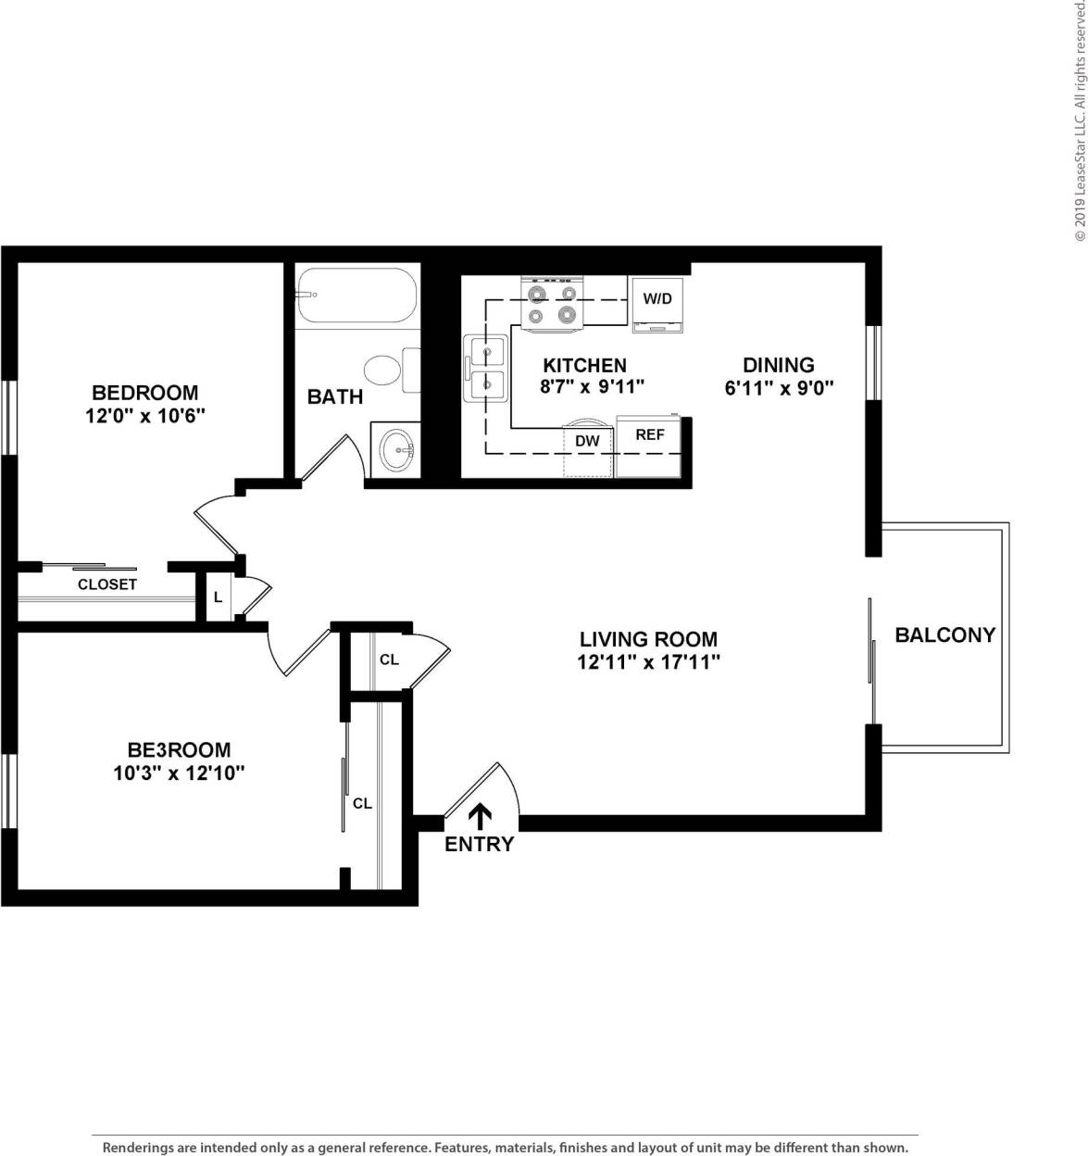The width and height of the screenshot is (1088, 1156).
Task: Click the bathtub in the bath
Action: point(356,296)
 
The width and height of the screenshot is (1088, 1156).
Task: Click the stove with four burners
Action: point(553,305)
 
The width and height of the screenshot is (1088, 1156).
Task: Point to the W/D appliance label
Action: point(657,298)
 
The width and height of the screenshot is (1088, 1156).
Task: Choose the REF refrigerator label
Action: point(650,433)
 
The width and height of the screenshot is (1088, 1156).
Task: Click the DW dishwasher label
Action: point(587,441)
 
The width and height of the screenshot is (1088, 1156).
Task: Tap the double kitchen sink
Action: point(487,368)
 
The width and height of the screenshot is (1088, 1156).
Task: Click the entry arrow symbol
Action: point(480,816)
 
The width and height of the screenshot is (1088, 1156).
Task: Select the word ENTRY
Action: point(479,844)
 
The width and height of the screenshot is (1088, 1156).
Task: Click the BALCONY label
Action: point(944,635)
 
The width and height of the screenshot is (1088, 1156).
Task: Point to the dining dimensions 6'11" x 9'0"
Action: point(779,388)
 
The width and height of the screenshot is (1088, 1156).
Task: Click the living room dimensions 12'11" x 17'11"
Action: point(648,662)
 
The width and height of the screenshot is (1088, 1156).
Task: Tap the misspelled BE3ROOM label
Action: point(179,749)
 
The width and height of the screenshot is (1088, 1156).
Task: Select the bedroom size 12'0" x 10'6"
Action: point(144,416)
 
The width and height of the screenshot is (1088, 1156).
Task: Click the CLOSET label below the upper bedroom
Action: point(107,584)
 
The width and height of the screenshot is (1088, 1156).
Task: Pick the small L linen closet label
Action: point(218,597)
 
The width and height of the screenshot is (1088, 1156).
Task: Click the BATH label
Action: point(335,396)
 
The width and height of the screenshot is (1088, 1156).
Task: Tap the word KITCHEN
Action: point(584,365)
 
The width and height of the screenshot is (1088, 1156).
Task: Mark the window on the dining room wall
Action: point(872,362)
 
